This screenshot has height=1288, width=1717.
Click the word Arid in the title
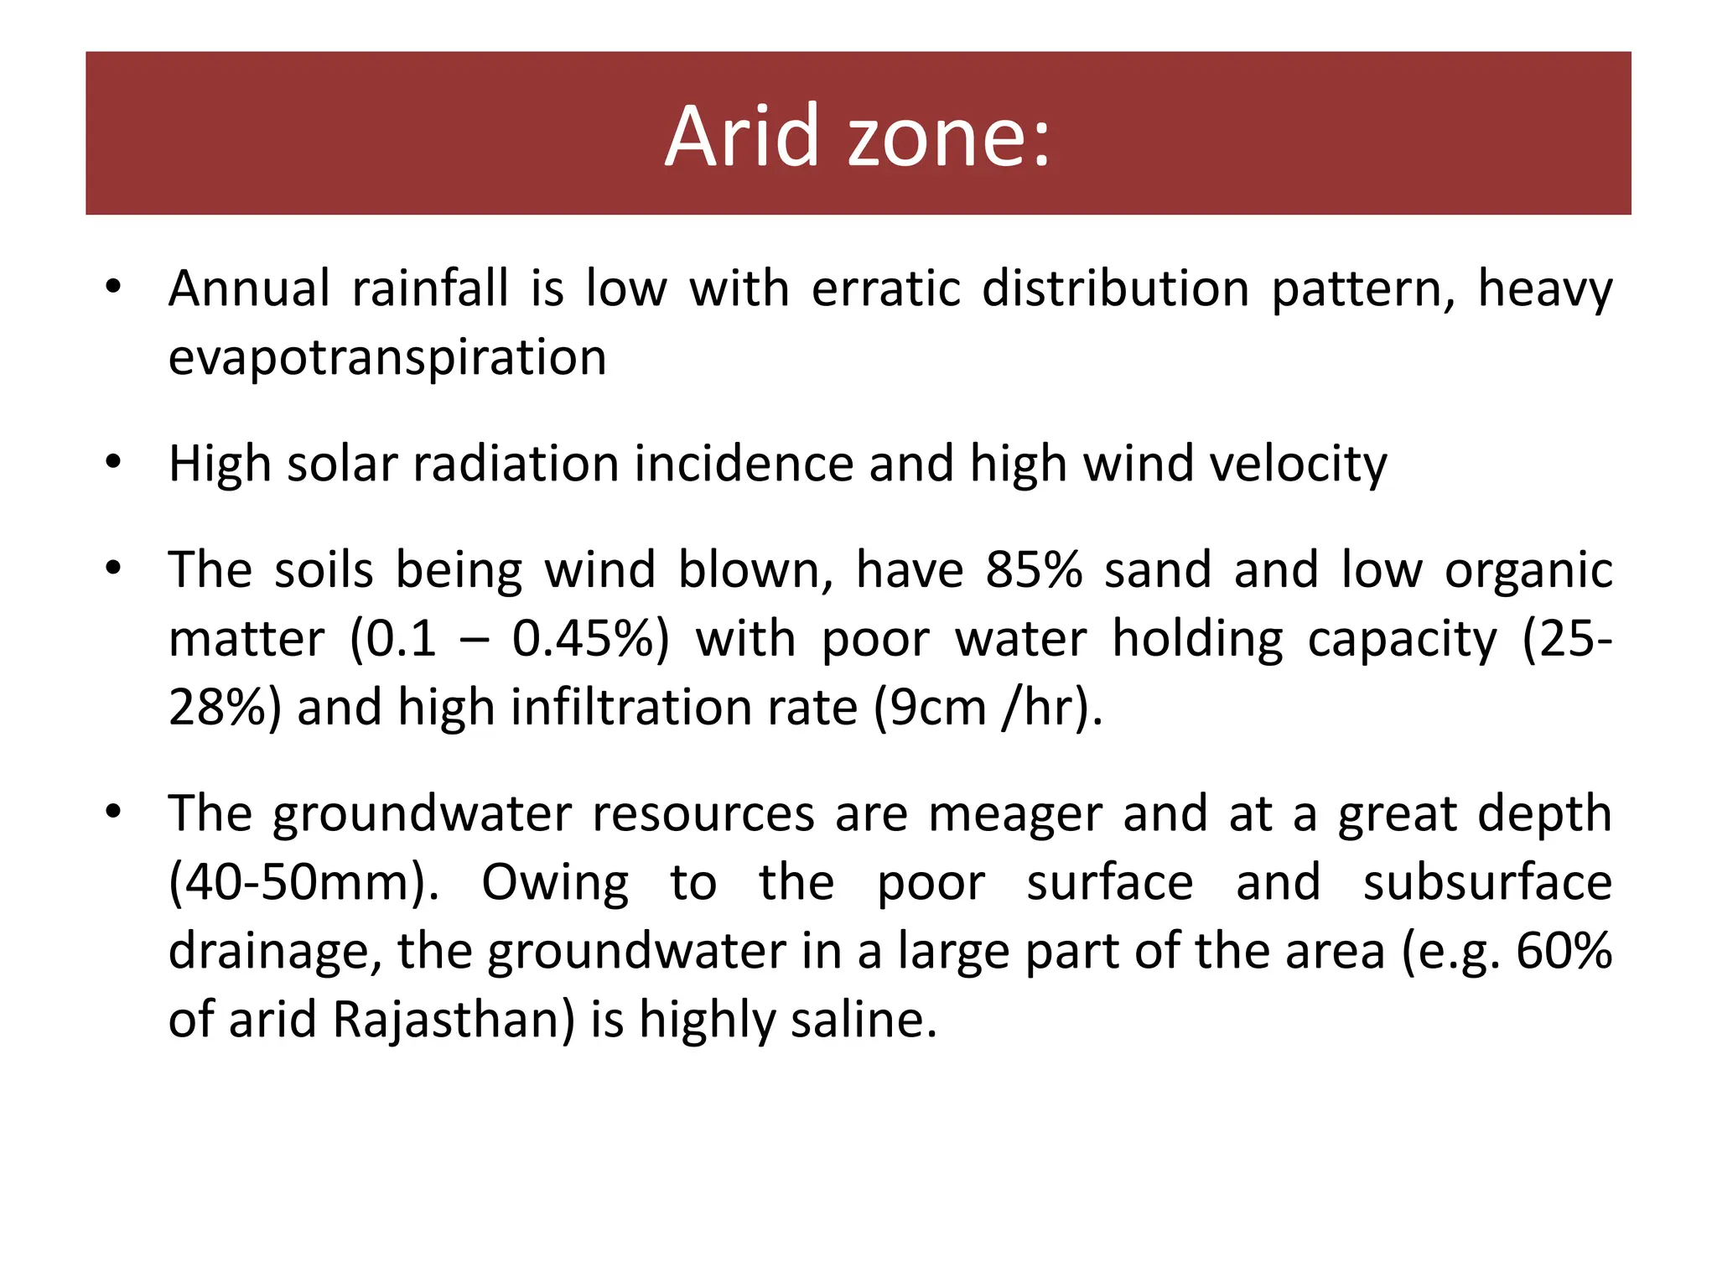(741, 136)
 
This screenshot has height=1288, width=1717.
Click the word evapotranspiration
(387, 358)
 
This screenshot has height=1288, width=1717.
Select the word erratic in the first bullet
(886, 289)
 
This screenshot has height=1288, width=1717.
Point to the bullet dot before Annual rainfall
(114, 288)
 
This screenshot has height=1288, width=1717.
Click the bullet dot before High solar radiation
(114, 462)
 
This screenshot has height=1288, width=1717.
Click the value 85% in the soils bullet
(1034, 570)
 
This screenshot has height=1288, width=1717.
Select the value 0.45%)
(591, 639)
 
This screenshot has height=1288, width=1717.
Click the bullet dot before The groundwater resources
(114, 812)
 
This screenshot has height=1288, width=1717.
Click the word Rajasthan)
(454, 1021)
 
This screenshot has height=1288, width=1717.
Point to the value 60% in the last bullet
(1564, 951)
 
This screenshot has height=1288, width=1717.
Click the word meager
(1014, 816)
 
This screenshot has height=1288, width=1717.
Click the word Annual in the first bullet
(249, 289)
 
